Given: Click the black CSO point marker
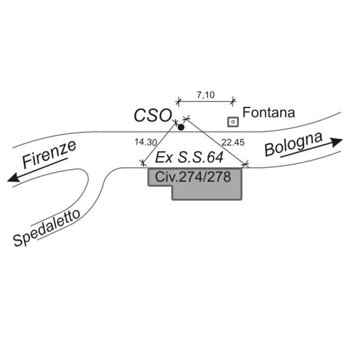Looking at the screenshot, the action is (181, 127).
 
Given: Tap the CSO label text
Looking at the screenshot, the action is (153, 115).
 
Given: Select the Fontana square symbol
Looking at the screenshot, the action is (232, 122).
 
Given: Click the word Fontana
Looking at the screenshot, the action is (269, 112).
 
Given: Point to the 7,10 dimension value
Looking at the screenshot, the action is (206, 94).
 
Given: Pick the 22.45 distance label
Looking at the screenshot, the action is (233, 142).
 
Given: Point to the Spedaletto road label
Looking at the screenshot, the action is (47, 229).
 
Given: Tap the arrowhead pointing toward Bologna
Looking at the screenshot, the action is (337, 142).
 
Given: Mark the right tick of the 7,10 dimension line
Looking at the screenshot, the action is (235, 101).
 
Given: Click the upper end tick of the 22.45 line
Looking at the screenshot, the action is (186, 118).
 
